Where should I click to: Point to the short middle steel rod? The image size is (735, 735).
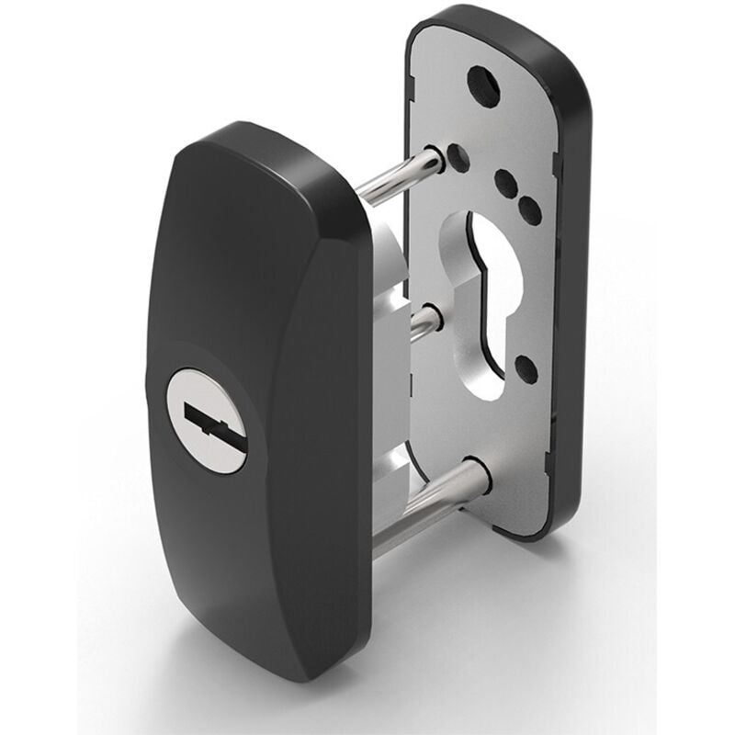tap(421, 323)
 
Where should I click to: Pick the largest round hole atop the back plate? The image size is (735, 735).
tap(483, 85)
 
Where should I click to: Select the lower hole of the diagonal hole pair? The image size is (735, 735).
tap(530, 210)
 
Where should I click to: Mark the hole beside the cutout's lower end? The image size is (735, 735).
tap(526, 368)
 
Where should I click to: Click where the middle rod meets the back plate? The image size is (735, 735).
tap(433, 318)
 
